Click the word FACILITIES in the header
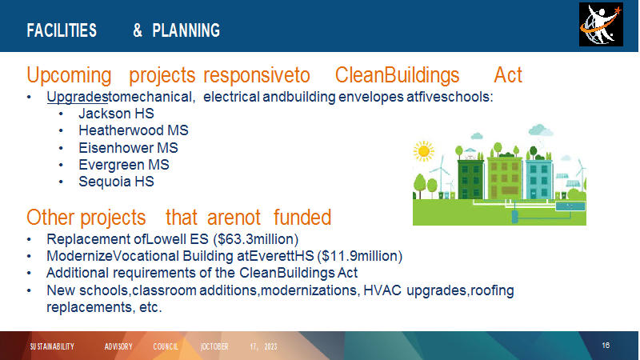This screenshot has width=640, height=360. click(62, 30)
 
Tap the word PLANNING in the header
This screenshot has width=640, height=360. click(186, 30)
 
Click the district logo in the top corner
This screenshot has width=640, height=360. click(601, 25)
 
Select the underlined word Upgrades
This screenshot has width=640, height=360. click(77, 97)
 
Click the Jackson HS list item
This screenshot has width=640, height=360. click(116, 114)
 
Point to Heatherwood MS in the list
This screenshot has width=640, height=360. click(134, 130)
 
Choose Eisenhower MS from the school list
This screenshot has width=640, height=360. click(128, 148)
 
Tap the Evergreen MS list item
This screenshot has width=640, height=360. click(124, 165)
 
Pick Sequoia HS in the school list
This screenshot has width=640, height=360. click(116, 182)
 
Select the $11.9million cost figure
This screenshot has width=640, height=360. click(362, 256)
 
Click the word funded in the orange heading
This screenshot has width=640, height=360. click(302, 217)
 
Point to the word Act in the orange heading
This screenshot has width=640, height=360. click(508, 75)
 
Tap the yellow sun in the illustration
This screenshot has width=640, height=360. click(424, 151)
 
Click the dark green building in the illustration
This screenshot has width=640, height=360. click(470, 179)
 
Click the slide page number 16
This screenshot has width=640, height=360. click(606, 346)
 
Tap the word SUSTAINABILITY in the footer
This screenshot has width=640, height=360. click(52, 346)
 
